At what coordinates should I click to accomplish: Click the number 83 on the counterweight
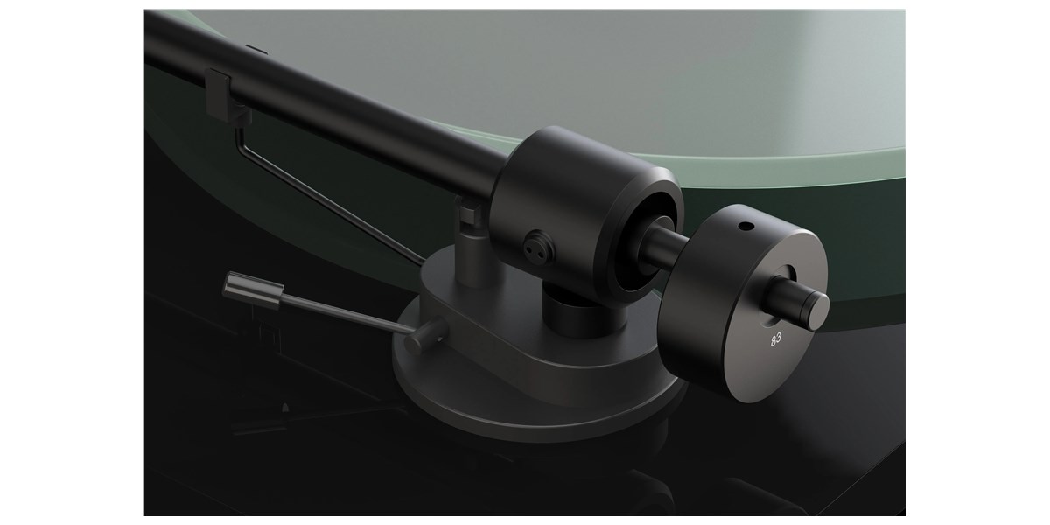click(776, 339)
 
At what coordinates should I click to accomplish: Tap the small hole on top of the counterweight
click(745, 227)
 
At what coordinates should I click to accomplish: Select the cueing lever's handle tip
click(253, 290)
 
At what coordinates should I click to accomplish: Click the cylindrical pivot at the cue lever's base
click(425, 335)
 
